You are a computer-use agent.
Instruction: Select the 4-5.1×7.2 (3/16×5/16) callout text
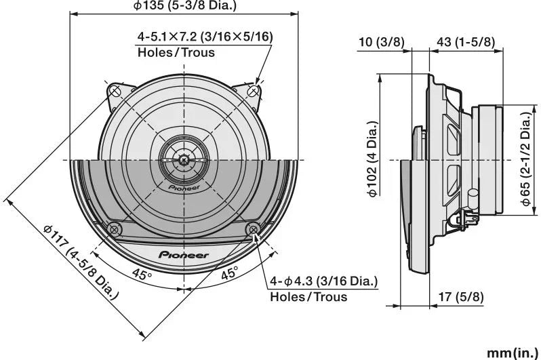tap(205, 37)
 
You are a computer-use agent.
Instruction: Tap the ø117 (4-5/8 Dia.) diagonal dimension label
tap(81, 261)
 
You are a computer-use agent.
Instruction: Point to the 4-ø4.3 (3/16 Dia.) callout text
tap(324, 281)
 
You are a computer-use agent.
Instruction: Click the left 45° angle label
tap(142, 274)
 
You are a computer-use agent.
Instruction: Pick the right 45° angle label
tap(229, 274)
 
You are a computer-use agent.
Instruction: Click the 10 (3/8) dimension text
tap(380, 42)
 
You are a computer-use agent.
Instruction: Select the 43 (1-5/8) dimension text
tap(465, 42)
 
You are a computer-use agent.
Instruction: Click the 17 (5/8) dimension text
tap(461, 296)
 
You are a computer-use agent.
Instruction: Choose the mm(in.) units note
tap(512, 353)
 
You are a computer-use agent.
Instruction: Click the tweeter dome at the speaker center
tap(184, 160)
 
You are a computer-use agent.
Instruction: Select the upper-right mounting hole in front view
tap(254, 90)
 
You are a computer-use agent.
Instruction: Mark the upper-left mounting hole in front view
tap(115, 90)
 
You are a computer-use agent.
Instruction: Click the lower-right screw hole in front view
tap(254, 228)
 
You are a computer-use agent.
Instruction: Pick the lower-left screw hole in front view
tap(115, 228)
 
